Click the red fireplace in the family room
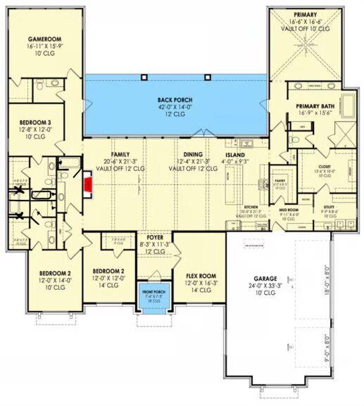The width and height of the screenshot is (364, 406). coord(88,184)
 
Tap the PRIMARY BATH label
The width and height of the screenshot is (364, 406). coord(310,106)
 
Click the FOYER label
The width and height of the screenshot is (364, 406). coord(155,238)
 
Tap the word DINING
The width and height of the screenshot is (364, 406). coord(193,154)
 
